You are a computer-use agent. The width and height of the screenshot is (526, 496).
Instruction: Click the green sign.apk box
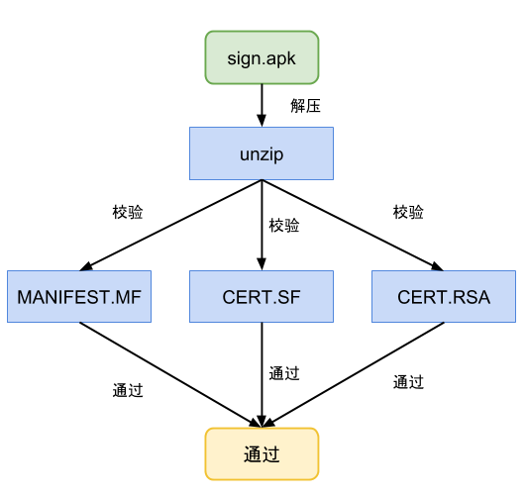(x=263, y=56)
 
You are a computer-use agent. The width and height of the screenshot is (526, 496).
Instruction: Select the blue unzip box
(x=262, y=154)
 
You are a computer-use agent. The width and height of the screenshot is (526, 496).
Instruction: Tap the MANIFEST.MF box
(x=78, y=296)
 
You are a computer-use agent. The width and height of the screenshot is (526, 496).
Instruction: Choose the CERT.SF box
(x=262, y=296)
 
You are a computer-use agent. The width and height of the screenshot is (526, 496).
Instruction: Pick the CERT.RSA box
(x=444, y=296)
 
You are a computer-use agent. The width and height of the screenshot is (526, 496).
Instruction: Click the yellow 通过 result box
(x=262, y=454)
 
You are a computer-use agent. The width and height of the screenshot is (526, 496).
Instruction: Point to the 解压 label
(x=305, y=106)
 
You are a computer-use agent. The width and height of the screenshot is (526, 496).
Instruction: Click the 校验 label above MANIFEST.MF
(x=128, y=212)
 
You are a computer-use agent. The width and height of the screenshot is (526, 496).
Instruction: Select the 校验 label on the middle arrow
(x=284, y=226)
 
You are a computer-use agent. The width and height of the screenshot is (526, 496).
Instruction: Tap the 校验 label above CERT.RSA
(x=408, y=212)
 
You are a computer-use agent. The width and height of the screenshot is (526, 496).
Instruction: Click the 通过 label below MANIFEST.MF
(x=128, y=390)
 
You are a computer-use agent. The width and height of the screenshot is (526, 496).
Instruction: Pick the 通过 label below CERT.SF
(x=284, y=373)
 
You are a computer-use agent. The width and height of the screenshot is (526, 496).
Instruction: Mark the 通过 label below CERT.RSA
(x=408, y=381)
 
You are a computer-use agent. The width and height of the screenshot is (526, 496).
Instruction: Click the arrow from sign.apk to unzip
(x=262, y=105)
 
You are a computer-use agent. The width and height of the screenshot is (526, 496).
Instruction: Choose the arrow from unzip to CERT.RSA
(x=353, y=225)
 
